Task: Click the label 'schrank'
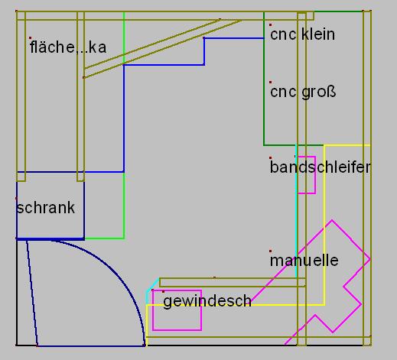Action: pyautogui.click(x=45, y=208)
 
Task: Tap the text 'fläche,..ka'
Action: pyautogui.click(x=68, y=47)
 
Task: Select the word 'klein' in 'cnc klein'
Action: pyautogui.click(x=318, y=34)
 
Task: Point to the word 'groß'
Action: pyautogui.click(x=319, y=92)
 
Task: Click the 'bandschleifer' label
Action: pyautogui.click(x=321, y=167)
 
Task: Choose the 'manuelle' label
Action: pyautogui.click(x=304, y=260)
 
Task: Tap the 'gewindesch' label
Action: pyautogui.click(x=207, y=301)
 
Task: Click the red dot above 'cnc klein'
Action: pyautogui.click(x=270, y=24)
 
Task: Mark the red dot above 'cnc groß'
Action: pyautogui.click(x=270, y=82)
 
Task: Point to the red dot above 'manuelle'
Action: pyautogui.click(x=270, y=251)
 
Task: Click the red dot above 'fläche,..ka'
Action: pyautogui.click(x=30, y=38)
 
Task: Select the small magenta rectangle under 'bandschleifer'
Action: pyautogui.click(x=316, y=175)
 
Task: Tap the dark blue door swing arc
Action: pyautogui.click(x=116, y=270)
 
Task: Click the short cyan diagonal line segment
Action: pyautogui.click(x=152, y=285)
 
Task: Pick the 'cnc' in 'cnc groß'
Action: pyautogui.click(x=283, y=92)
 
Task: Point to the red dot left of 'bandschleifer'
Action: pyautogui.click(x=270, y=157)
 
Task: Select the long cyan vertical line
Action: pyautogui.click(x=296, y=212)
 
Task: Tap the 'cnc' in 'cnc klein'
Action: pyautogui.click(x=283, y=34)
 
